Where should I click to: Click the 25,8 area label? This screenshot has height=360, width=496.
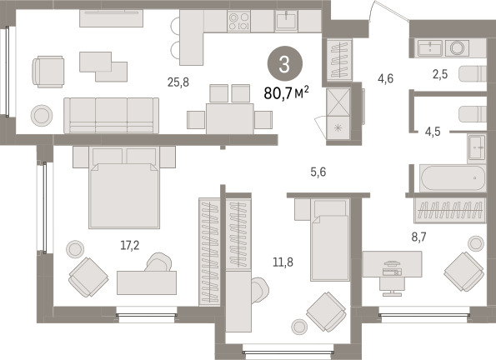click(178, 82)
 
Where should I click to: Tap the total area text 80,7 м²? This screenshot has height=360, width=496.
click(286, 93)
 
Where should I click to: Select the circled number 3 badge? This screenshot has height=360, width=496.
click(285, 64)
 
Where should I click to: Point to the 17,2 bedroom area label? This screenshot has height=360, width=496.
click(130, 245)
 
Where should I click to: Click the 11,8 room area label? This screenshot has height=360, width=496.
click(283, 262)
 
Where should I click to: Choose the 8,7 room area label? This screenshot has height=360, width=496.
click(418, 237)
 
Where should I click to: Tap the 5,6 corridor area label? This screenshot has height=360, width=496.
click(318, 172)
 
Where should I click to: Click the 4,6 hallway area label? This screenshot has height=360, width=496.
click(386, 78)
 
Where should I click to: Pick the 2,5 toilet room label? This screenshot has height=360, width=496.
click(440, 74)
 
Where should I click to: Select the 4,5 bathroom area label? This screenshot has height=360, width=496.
click(433, 132)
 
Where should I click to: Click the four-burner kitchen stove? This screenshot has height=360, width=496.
click(238, 21)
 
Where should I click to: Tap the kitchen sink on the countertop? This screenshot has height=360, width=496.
click(287, 21)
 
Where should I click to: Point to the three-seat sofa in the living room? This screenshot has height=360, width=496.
click(112, 115)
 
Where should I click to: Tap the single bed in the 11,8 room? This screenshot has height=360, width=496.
click(330, 240)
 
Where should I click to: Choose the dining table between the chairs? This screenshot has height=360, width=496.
click(229, 118)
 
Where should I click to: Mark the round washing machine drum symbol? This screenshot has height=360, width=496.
click(457, 48)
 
